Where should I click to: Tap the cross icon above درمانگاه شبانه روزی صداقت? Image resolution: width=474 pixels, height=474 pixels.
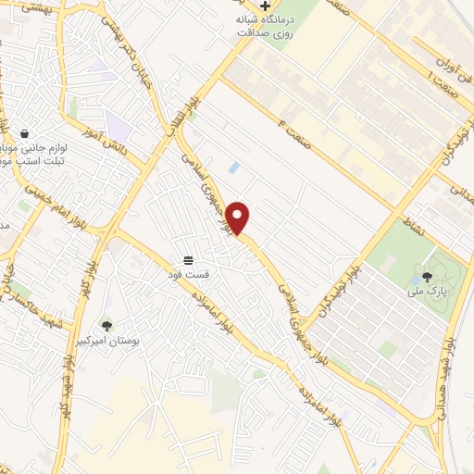pyautogui.click(x=265, y=6)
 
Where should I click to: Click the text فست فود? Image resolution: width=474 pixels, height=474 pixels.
pyautogui.click(x=188, y=274)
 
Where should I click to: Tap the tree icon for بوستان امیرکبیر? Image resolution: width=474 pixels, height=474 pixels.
pyautogui.click(x=107, y=326)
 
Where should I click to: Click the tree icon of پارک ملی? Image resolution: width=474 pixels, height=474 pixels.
pyautogui.click(x=427, y=276)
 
